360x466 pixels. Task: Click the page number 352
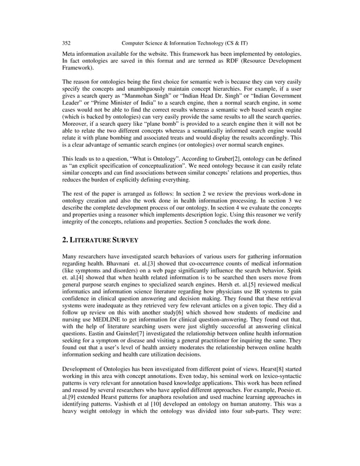[x=66, y=42]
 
